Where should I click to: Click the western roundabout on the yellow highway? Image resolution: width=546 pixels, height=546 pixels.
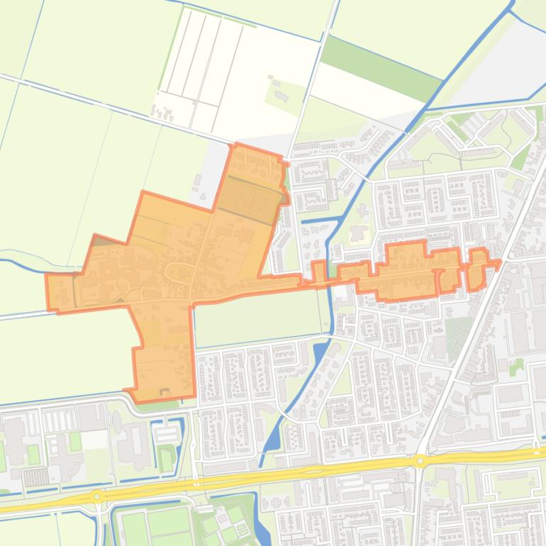pos(97,497)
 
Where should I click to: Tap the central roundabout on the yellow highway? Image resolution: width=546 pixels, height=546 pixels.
pos(420,461)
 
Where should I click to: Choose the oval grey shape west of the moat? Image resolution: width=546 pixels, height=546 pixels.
pos(116,422)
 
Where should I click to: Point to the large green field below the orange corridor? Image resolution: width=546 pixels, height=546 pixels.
pos(259,316)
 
